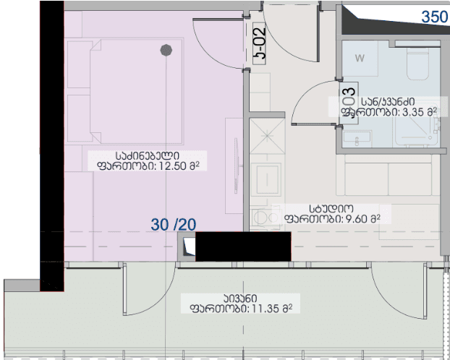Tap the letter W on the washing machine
[360, 57]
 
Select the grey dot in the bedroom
[166, 50]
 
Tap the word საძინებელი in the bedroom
[147, 155]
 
